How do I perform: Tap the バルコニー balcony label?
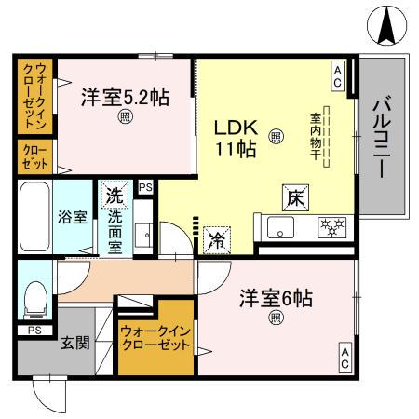tap(382, 139)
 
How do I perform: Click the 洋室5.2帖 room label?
tap(124, 97)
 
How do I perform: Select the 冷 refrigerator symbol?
tap(215, 239)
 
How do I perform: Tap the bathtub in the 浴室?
tap(36, 216)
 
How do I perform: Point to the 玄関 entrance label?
tap(75, 343)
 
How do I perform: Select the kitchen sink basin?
tap(280, 227)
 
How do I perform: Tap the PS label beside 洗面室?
tap(144, 187)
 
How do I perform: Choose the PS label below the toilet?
tap(34, 330)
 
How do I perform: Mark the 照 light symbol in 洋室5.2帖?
tap(124, 118)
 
